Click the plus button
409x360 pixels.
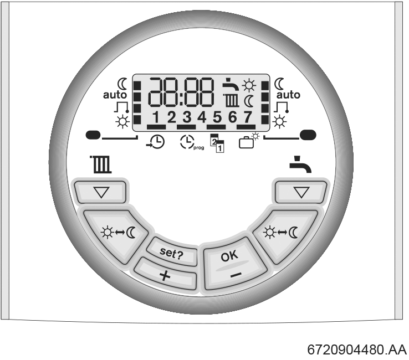click(165, 274)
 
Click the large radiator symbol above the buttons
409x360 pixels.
click(101, 164)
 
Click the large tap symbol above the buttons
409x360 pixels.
click(300, 164)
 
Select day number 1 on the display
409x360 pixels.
click(156, 117)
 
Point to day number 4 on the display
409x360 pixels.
click(202, 117)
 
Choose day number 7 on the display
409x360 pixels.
click(248, 117)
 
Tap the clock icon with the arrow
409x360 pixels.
click(156, 142)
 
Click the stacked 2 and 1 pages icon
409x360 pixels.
click(217, 143)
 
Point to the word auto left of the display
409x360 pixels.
click(115, 95)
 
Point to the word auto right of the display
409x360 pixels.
click(288, 95)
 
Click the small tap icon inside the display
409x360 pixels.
click(231, 84)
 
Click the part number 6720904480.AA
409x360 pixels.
click(357, 349)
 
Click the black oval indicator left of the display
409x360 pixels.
click(93, 135)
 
